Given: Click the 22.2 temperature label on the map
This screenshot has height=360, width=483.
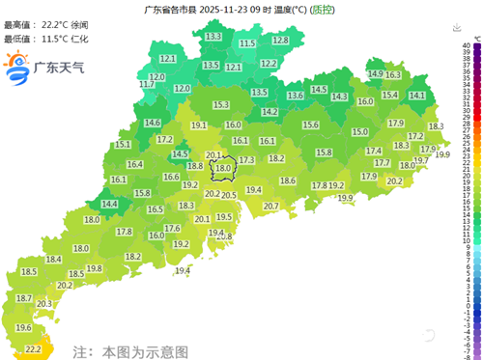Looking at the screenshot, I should (33, 348).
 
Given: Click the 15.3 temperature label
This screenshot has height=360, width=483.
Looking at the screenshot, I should (220, 104).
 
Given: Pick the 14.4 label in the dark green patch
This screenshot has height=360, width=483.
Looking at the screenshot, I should (109, 204).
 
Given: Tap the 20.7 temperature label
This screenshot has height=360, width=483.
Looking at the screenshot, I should (270, 206).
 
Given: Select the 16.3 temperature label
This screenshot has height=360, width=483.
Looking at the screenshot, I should (393, 74).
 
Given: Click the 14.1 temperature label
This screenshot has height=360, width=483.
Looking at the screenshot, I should (417, 96).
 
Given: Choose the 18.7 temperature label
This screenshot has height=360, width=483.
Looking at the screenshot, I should (23, 299).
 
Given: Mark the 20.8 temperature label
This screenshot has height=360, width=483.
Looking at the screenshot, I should (223, 236).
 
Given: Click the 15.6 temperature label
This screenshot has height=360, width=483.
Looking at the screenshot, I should (310, 125).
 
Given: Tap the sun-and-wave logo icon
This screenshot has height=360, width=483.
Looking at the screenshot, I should (17, 68).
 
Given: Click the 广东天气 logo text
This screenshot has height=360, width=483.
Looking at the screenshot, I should (59, 69).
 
